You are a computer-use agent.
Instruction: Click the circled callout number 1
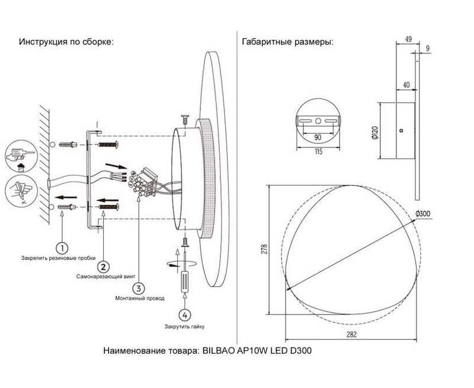click(x=62, y=248)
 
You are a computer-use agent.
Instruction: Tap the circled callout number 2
click(x=103, y=267)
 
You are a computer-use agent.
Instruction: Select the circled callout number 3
click(x=139, y=288)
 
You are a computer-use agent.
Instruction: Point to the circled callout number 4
click(x=185, y=315)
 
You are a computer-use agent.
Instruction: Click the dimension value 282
click(x=351, y=334)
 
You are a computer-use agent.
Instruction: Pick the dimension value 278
click(x=264, y=248)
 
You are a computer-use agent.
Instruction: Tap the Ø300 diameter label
click(x=422, y=214)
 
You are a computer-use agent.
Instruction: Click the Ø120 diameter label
click(x=374, y=132)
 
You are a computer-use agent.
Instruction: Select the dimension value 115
click(x=318, y=152)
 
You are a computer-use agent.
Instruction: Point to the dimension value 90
click(x=318, y=137)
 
